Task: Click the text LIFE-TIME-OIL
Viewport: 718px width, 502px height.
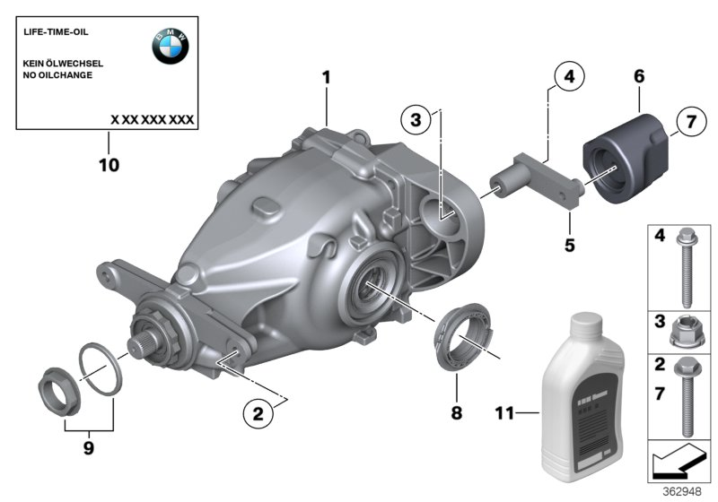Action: (x=55, y=32)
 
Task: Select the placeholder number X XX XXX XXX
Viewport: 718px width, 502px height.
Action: (x=152, y=118)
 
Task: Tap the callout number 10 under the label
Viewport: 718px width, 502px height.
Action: (x=108, y=165)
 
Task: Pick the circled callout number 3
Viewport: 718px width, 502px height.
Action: (x=416, y=121)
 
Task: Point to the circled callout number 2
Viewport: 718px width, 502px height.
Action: (x=258, y=413)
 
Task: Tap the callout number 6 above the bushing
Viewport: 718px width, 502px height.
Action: (x=639, y=78)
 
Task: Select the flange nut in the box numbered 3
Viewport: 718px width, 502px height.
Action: (x=684, y=333)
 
